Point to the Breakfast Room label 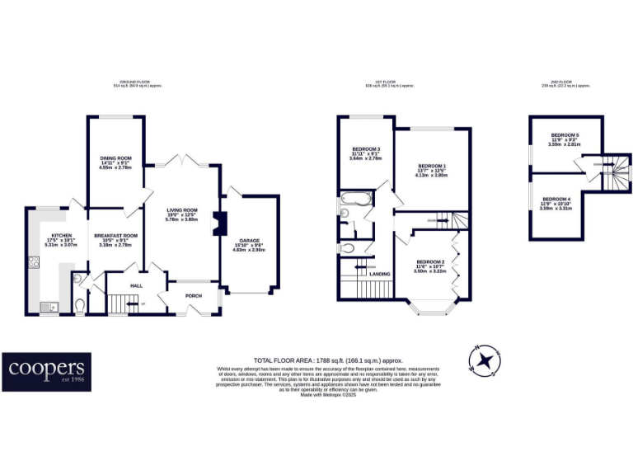(x=115, y=236)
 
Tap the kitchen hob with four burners (x=35, y=266)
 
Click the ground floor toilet (x=80, y=306)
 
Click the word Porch (x=194, y=295)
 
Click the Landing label (x=381, y=274)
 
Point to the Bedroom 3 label (x=365, y=149)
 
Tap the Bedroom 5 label (x=565, y=134)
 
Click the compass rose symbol (x=485, y=360)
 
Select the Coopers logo (x=46, y=371)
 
